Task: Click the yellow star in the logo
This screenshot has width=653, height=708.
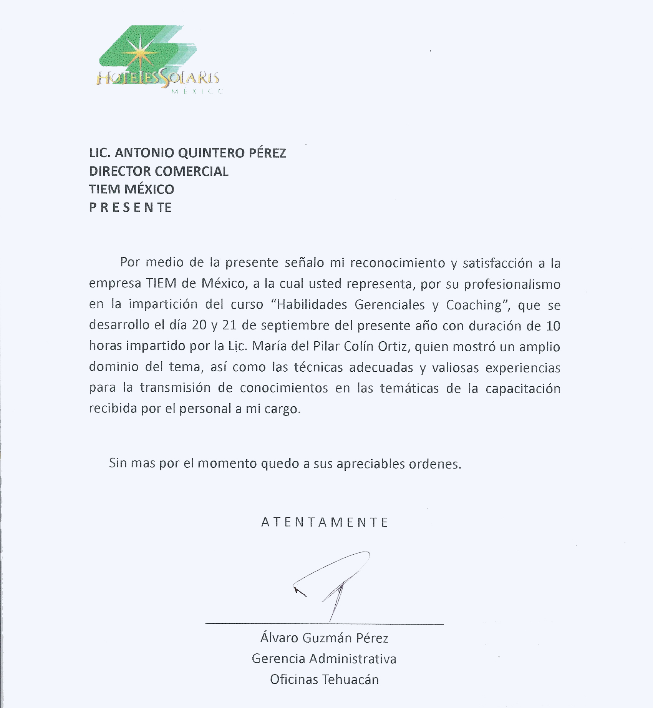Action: [141, 53]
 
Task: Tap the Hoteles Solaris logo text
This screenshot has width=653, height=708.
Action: [157, 78]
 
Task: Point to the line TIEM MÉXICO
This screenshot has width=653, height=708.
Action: [131, 189]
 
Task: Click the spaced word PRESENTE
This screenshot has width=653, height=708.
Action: [130, 208]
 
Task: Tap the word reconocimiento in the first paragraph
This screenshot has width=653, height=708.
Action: [398, 263]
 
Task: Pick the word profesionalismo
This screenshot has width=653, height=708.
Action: [512, 284]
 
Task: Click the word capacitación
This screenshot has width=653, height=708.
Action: [523, 388]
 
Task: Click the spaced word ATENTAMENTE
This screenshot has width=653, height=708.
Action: [325, 522]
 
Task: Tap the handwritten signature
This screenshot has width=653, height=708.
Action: [334, 584]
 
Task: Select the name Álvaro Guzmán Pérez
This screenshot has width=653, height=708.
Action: [324, 638]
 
